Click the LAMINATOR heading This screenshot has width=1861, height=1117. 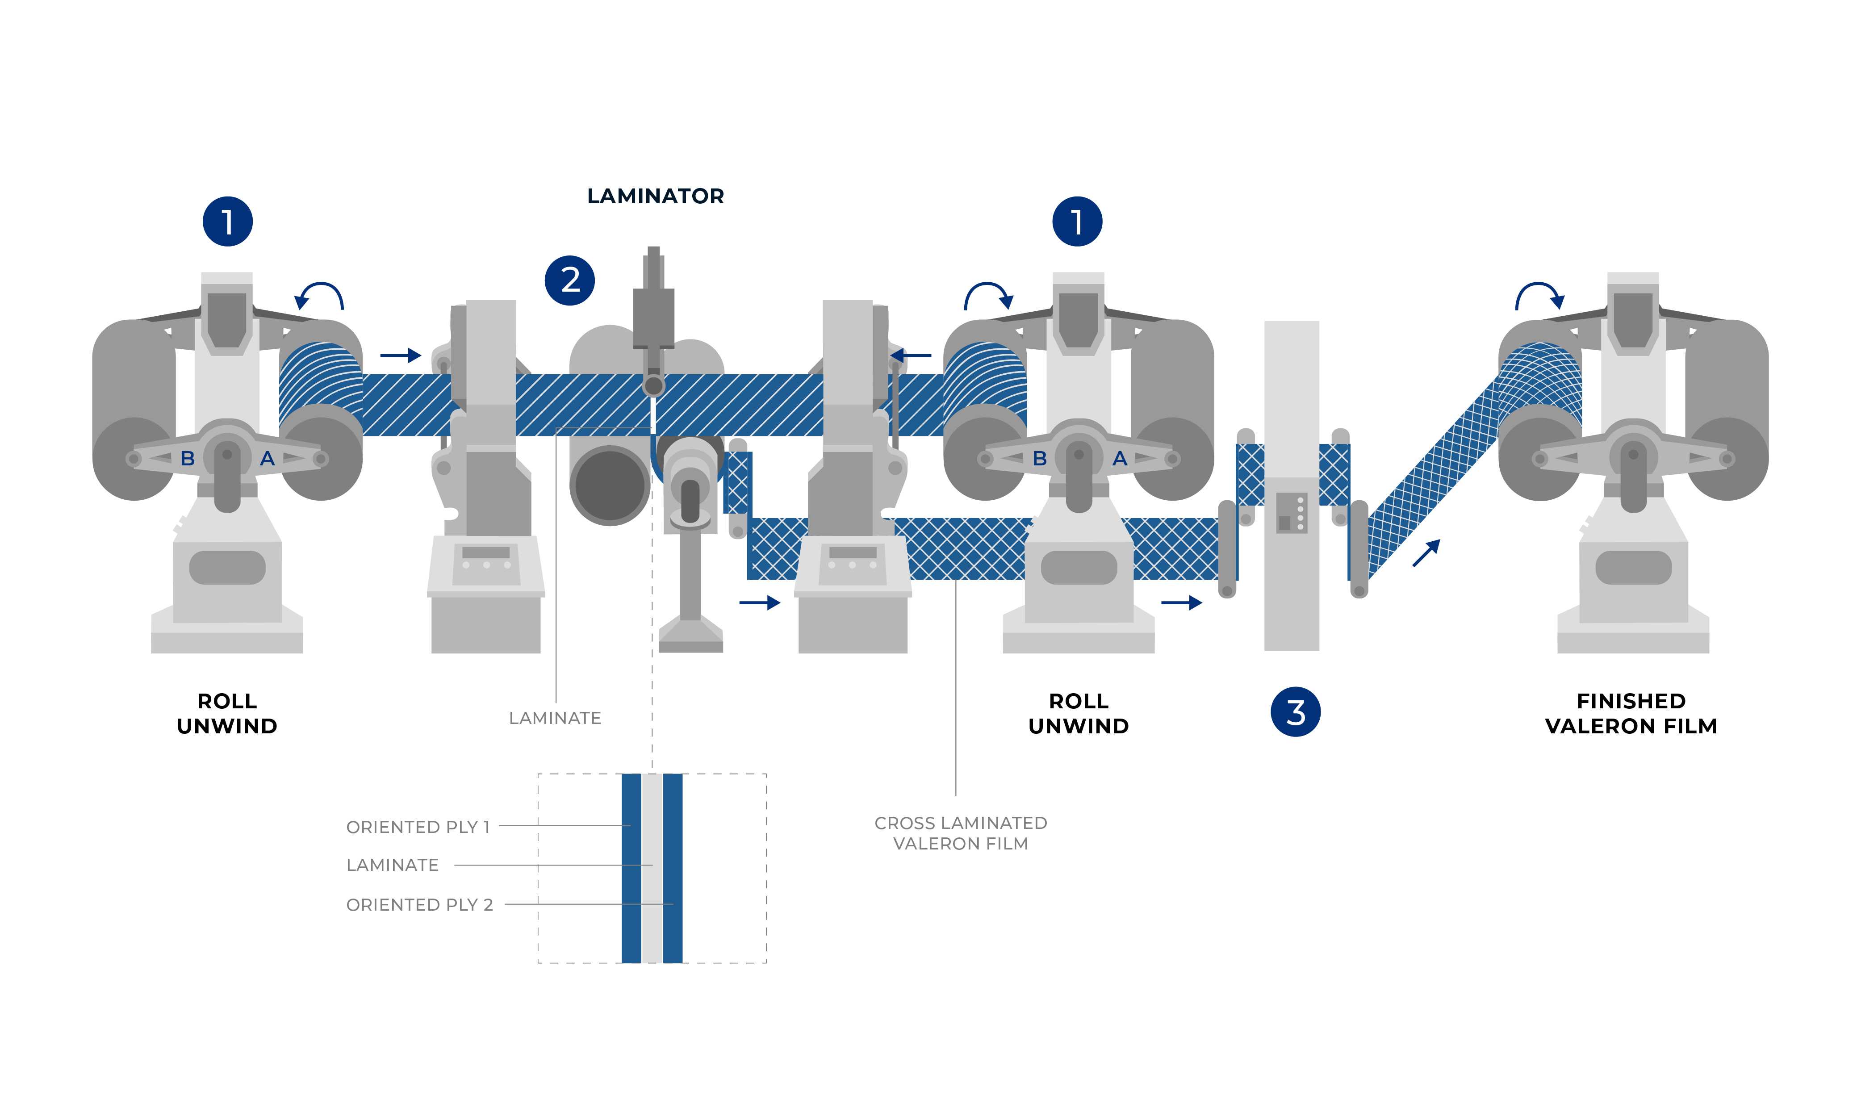[x=655, y=197]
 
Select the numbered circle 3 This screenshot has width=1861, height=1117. [x=1295, y=711]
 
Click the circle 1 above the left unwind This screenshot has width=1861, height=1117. [x=227, y=221]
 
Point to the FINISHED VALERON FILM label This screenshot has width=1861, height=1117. [x=1631, y=714]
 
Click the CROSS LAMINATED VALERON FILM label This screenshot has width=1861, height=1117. [x=960, y=833]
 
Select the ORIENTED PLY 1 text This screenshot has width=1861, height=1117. [x=418, y=827]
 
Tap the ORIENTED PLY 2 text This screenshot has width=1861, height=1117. [x=419, y=905]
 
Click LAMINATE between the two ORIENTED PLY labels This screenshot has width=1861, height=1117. [x=392, y=866]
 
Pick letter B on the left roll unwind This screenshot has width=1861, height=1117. [x=188, y=458]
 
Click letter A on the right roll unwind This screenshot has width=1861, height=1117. [x=1120, y=458]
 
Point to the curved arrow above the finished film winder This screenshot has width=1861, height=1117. [x=1539, y=296]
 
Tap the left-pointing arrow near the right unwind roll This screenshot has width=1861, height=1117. [x=911, y=355]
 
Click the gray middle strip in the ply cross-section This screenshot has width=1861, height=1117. [x=652, y=868]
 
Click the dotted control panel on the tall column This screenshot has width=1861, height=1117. [x=1291, y=513]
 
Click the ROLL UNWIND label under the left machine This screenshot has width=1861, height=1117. [x=227, y=714]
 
